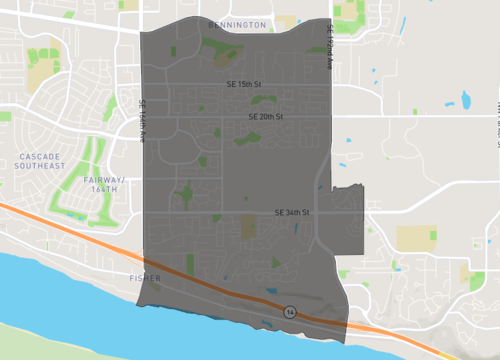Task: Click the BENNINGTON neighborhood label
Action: [x=238, y=23]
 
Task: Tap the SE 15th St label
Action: [x=244, y=85]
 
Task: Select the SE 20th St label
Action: [x=267, y=117]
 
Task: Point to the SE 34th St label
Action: [x=293, y=213]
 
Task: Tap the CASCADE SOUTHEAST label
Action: [x=40, y=160]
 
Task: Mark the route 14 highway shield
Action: [x=289, y=312]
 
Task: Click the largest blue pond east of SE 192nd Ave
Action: [x=465, y=99]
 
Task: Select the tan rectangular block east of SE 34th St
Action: [x=416, y=238]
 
